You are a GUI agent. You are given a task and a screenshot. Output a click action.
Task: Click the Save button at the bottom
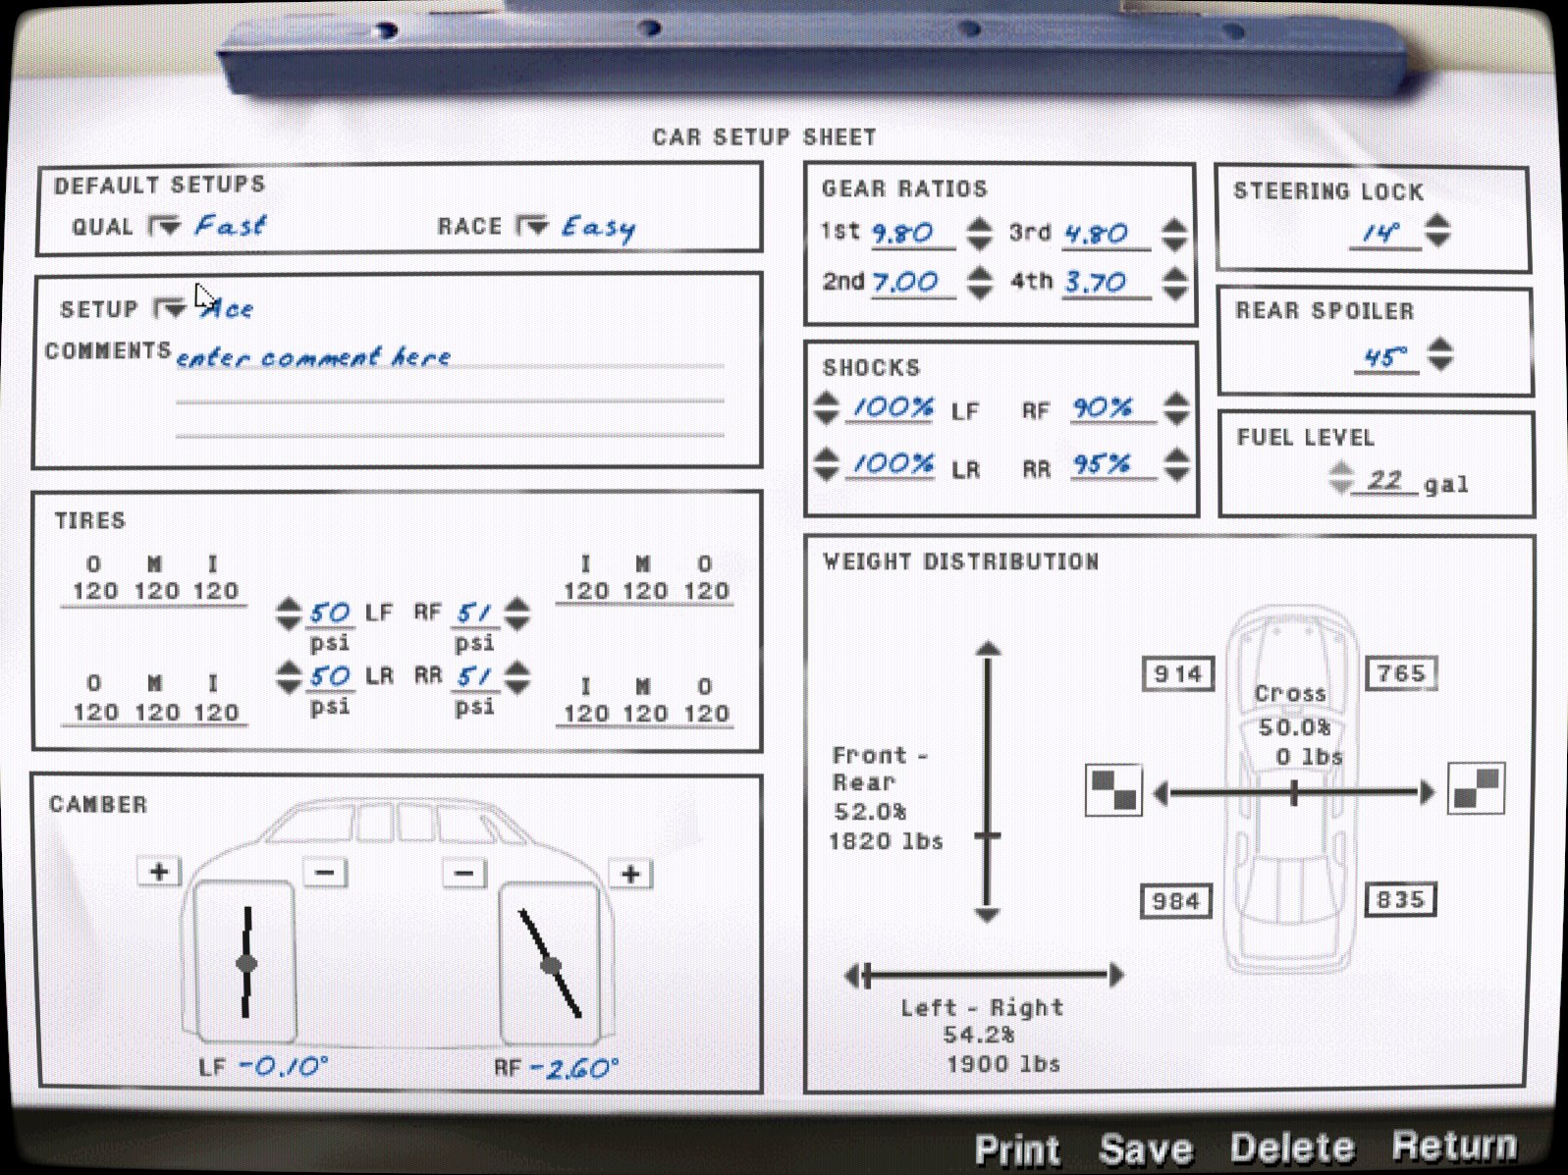1146,1148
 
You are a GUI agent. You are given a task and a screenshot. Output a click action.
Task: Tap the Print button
1017,1149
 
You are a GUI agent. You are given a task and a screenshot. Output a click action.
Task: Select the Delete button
1291,1148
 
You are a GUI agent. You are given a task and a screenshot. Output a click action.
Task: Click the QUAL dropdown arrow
164,227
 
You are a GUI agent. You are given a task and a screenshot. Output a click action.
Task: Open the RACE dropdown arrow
532,226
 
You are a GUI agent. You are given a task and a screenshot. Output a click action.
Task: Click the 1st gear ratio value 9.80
903,234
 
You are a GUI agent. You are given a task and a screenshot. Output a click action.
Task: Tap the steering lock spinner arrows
1437,231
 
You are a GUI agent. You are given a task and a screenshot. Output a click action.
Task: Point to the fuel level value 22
1384,480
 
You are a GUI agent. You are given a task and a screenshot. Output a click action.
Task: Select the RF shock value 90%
1102,408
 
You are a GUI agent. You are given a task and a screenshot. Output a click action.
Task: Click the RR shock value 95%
1101,465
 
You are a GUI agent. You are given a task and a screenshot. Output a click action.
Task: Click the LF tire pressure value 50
329,614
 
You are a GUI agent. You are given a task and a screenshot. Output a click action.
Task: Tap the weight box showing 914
1178,673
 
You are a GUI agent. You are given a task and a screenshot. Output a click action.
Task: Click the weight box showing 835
1400,899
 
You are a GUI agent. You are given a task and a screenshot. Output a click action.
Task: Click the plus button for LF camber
159,872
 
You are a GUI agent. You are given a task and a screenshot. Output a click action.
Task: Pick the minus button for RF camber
464,873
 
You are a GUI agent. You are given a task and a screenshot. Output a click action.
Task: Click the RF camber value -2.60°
574,1068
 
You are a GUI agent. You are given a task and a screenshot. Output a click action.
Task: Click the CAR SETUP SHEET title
764,137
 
